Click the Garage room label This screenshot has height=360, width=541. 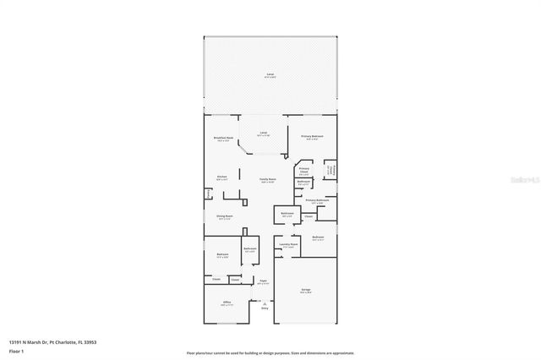tap(306, 291)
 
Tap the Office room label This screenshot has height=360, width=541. tap(227, 303)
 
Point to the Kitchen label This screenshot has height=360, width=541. tap(221, 178)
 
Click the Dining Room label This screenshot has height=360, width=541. tap(223, 217)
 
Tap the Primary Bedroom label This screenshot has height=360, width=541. tap(313, 137)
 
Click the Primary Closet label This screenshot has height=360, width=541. tap(303, 170)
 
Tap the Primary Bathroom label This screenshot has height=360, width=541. tap(318, 201)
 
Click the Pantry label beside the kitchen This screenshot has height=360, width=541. tap(207, 193)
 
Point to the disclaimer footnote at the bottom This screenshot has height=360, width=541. tap(270, 352)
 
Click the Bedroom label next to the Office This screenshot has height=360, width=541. tap(222, 255)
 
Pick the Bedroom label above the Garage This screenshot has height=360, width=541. tap(318, 238)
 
